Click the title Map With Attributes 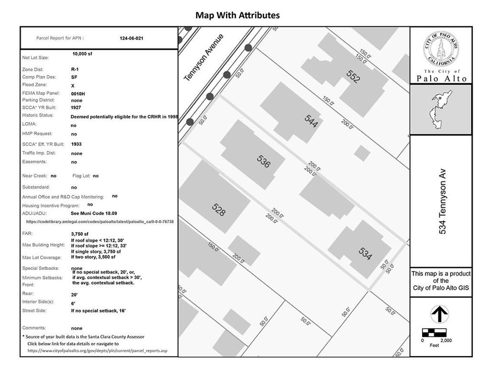click(237, 15)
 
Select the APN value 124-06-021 click(131, 38)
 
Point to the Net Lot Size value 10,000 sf click(82, 54)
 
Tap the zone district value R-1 click(75, 69)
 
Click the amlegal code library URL click(100, 222)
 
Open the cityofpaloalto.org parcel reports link click(98, 351)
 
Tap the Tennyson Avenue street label click(204, 57)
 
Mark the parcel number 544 click(311, 121)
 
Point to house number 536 click(264, 161)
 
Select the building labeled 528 click(218, 210)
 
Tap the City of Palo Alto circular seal click(441, 49)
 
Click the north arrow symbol click(439, 314)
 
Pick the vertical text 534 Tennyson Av click(443, 201)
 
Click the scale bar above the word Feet click(434, 333)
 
